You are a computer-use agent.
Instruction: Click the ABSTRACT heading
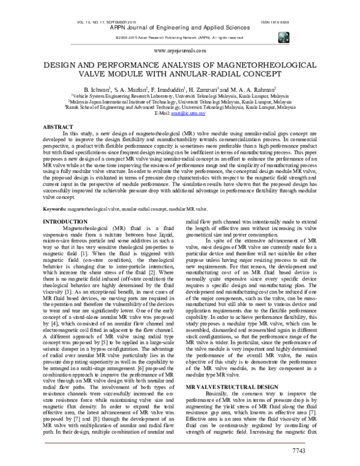click(x=56, y=127)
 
